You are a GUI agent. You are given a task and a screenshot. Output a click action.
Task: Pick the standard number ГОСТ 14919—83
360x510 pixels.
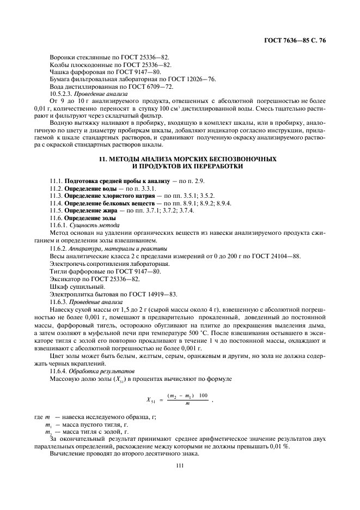(x=156, y=294)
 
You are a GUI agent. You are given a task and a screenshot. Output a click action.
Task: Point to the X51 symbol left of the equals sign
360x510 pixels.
(x=150, y=399)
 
